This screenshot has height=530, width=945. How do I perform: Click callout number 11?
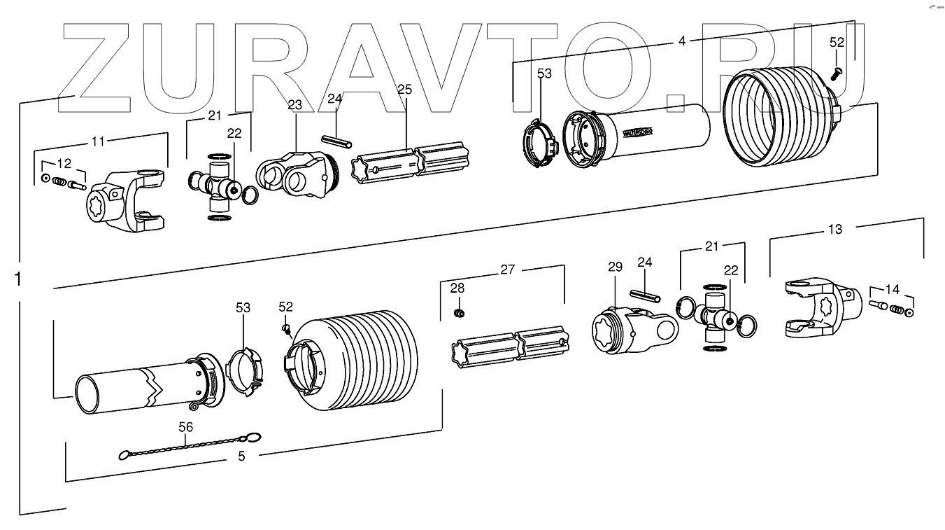point(99,141)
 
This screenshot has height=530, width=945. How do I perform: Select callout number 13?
point(835,229)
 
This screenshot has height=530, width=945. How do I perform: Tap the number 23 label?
point(294,105)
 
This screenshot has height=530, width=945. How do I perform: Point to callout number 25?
point(404,89)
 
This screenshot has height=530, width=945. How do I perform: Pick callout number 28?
point(457,288)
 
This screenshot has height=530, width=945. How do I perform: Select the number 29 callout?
point(614,267)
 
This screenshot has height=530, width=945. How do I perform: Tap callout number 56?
point(186,426)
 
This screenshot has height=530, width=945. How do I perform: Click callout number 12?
point(64,164)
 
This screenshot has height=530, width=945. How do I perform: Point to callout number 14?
point(892,288)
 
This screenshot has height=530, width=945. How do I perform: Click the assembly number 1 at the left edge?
point(17,279)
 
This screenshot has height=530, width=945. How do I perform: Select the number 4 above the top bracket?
point(682,41)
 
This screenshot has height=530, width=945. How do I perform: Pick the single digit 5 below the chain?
point(241,457)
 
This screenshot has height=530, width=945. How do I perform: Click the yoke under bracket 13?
point(818,308)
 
